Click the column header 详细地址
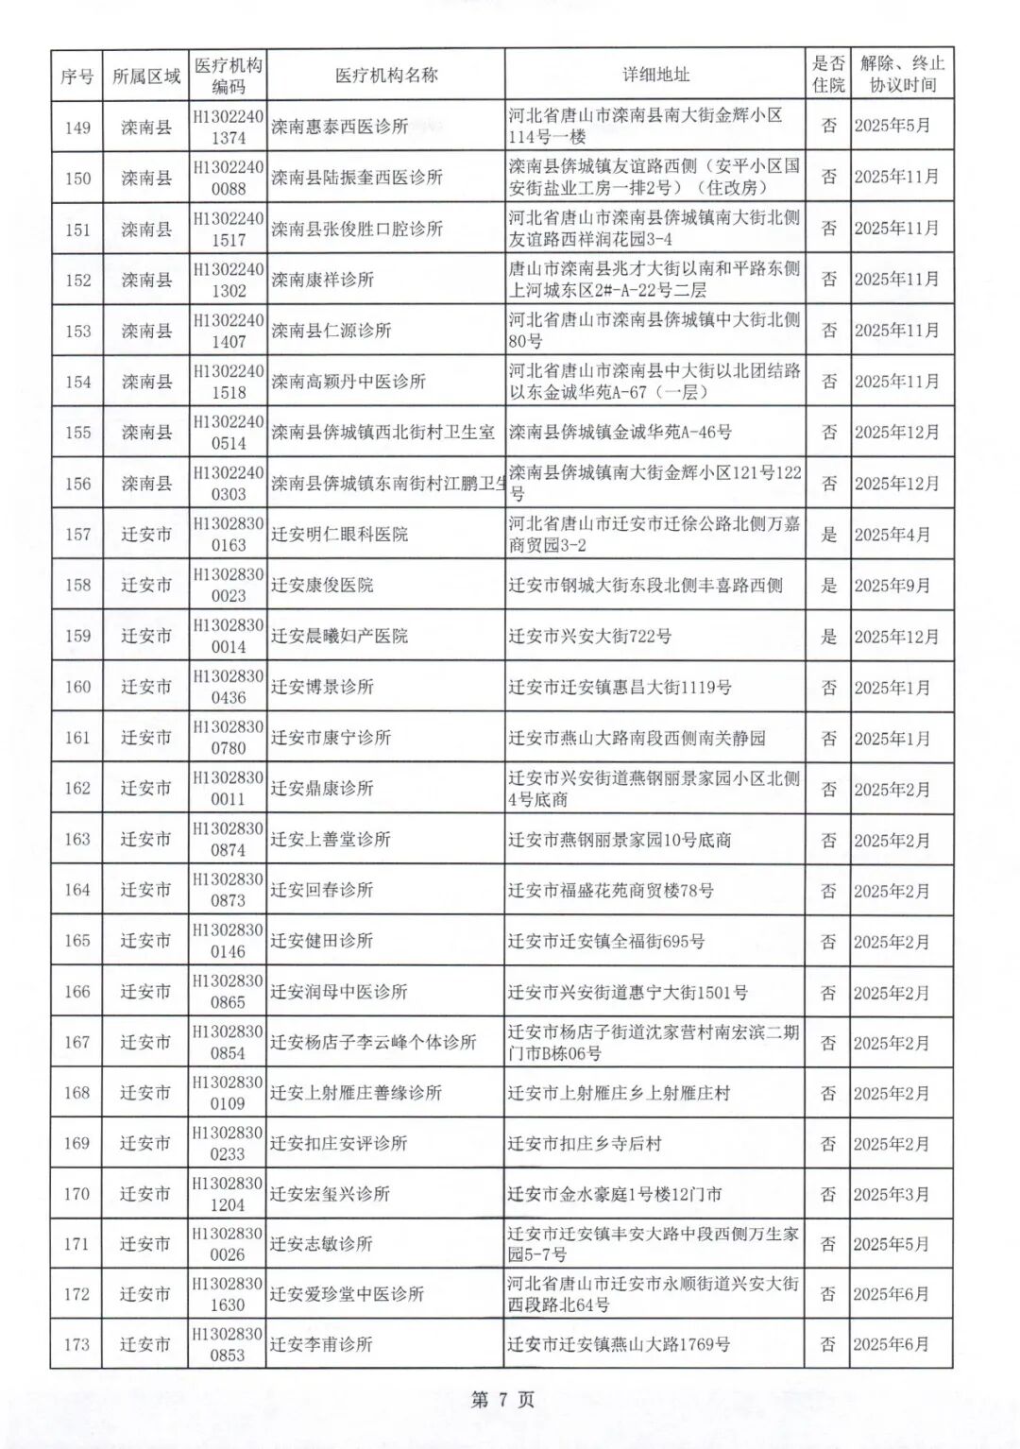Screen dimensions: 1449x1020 [x=655, y=75]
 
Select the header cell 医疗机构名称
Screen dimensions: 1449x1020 [x=386, y=75]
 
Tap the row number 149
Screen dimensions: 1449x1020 [x=77, y=127]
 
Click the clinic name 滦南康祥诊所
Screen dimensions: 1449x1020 [x=322, y=280]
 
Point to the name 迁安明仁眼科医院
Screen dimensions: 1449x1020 [x=339, y=535]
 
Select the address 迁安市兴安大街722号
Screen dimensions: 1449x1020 [x=589, y=637]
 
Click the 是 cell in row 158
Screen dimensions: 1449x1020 [x=828, y=586]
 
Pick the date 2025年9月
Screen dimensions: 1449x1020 [x=892, y=586]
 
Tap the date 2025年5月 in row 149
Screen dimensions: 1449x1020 [x=892, y=126]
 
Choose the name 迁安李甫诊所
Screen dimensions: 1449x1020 [x=321, y=1344]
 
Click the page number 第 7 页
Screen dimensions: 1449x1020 [x=502, y=1400]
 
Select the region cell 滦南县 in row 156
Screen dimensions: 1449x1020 [x=146, y=484]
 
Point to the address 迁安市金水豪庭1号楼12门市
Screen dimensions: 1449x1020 [x=614, y=1194]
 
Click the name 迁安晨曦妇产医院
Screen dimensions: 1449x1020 [x=339, y=637]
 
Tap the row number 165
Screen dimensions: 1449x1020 [x=77, y=941]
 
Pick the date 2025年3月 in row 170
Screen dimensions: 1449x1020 [x=892, y=1194]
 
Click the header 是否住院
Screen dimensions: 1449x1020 [x=828, y=75]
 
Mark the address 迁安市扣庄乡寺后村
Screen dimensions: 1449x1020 [x=585, y=1144]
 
